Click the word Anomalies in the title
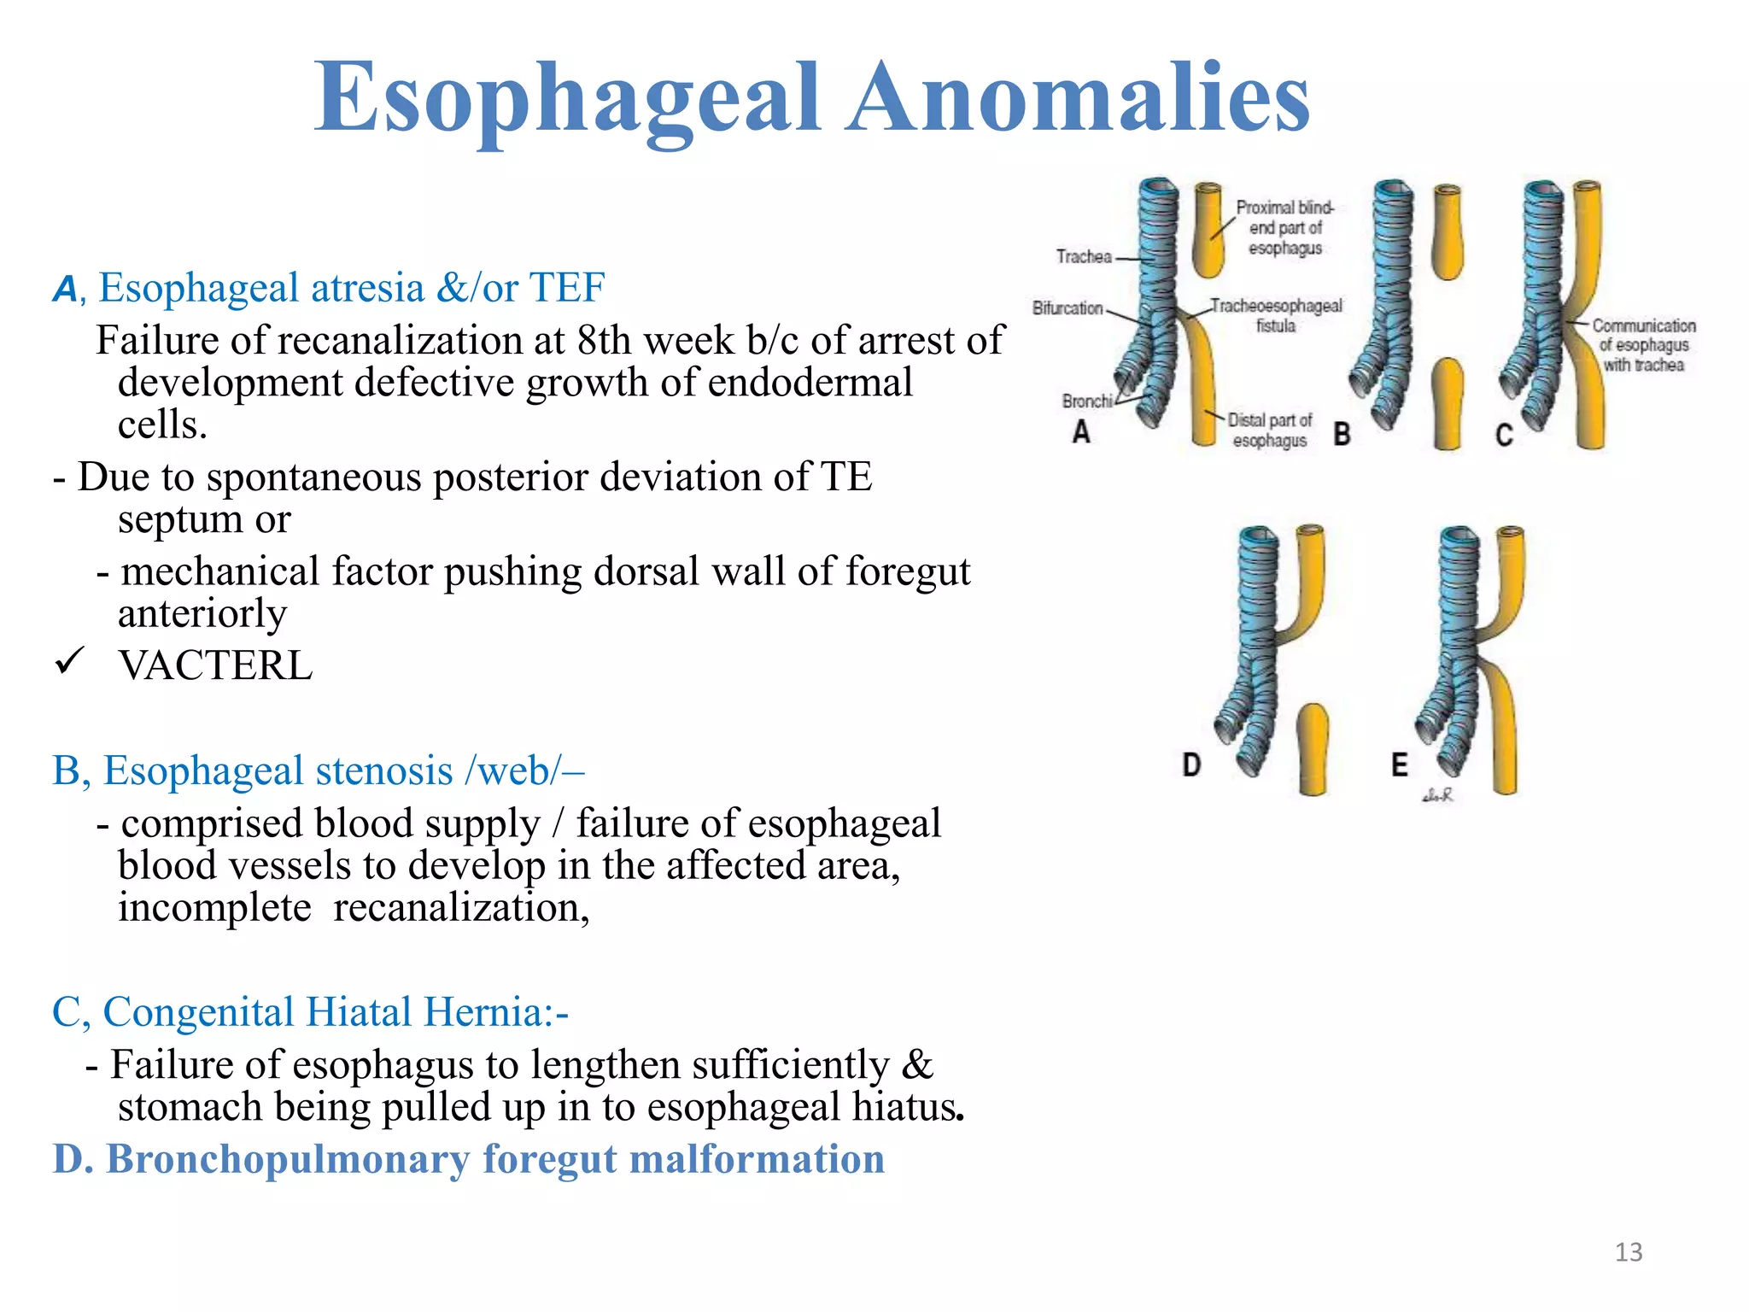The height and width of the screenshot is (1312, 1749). pyautogui.click(x=1078, y=98)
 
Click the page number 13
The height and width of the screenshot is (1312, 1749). pyautogui.click(x=1629, y=1252)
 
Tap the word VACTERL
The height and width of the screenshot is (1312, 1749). pyautogui.click(x=215, y=665)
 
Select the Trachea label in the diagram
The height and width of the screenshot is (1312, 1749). pyautogui.click(x=1084, y=256)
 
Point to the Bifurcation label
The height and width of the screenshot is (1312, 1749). pyautogui.click(x=1068, y=307)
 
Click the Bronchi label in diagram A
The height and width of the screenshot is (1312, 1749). pyautogui.click(x=1087, y=401)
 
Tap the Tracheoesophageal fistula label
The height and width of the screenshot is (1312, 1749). pyautogui.click(x=1276, y=315)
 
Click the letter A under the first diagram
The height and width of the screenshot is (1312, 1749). pyautogui.click(x=1081, y=432)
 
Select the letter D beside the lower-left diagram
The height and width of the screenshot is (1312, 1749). pyautogui.click(x=1191, y=764)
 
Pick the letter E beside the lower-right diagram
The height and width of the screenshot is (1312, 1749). pyautogui.click(x=1399, y=764)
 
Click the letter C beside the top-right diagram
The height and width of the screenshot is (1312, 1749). pyautogui.click(x=1504, y=435)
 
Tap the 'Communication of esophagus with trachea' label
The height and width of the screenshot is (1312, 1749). pyautogui.click(x=1643, y=345)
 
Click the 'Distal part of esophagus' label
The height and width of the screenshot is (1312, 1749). pyautogui.click(x=1269, y=430)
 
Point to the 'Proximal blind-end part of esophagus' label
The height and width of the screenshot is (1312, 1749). pyautogui.click(x=1284, y=228)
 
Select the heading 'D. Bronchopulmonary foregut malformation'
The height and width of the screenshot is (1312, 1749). pyautogui.click(x=468, y=1159)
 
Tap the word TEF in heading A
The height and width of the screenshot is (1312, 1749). pyautogui.click(x=567, y=288)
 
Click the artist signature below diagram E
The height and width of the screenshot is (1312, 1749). pyautogui.click(x=1437, y=795)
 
